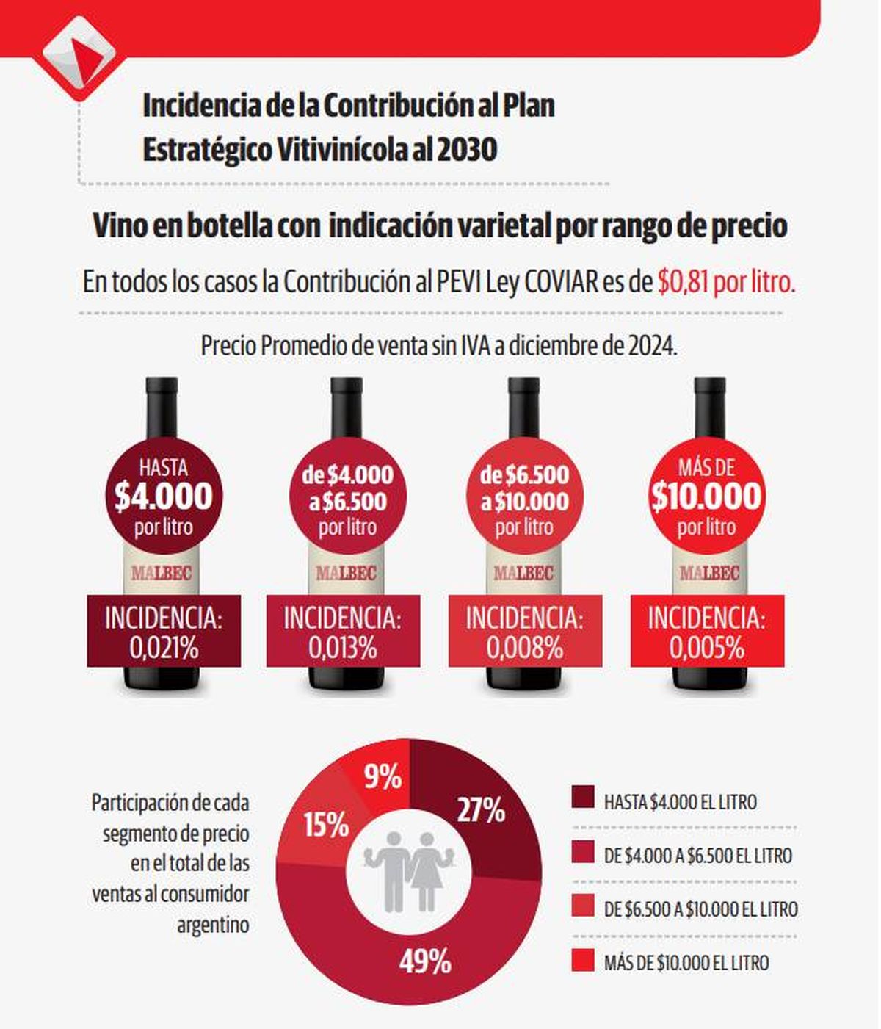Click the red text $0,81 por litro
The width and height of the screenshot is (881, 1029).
point(726,282)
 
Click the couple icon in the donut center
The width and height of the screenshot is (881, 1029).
point(409,870)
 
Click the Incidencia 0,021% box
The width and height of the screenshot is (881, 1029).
point(164,632)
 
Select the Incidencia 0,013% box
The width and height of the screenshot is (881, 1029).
point(343,632)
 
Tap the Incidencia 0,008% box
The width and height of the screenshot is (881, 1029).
point(524,632)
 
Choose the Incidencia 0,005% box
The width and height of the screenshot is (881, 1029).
point(706,632)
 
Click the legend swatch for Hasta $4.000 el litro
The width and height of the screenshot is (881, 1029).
point(582,798)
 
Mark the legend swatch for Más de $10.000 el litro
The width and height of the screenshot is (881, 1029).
point(582,961)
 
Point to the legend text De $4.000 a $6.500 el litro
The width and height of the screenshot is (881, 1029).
point(697,856)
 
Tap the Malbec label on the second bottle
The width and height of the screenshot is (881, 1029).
point(346,573)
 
